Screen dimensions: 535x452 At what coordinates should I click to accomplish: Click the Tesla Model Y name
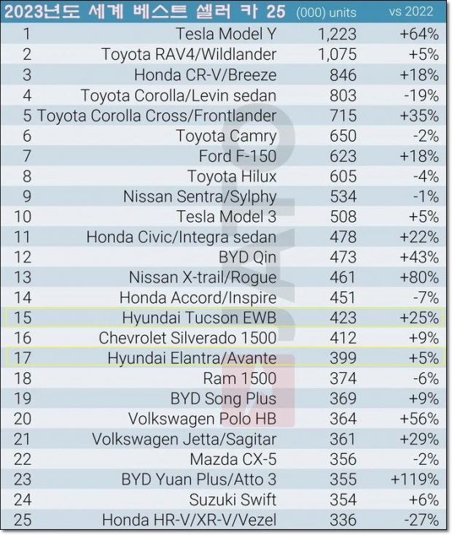point(226,34)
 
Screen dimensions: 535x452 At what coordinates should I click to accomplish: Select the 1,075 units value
point(337,54)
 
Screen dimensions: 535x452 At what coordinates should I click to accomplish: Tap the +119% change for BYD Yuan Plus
point(414,480)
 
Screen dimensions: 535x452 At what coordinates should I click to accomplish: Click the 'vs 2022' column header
point(411,12)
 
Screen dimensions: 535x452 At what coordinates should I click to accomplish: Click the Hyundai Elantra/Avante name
point(192,358)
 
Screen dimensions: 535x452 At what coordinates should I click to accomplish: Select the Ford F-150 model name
point(238,155)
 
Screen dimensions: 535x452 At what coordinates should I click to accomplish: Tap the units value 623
point(343,155)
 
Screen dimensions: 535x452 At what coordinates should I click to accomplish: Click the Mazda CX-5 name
point(233,459)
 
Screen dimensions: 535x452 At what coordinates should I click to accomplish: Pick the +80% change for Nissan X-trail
point(418,277)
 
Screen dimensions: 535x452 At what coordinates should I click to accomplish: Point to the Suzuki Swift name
point(233,500)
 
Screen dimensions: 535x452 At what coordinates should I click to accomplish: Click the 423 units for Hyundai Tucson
point(343,317)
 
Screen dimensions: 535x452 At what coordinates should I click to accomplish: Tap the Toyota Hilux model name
point(232,176)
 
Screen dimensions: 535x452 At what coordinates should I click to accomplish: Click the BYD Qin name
point(247,257)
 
